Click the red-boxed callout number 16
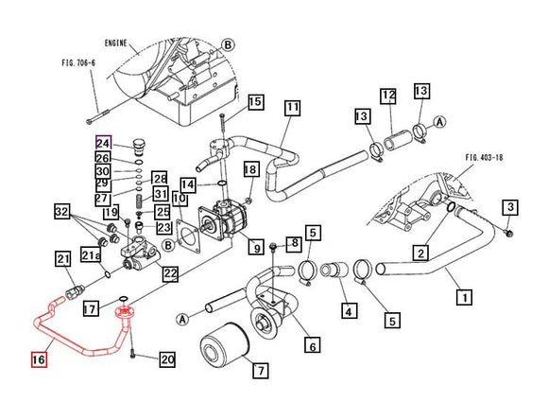pyautogui.click(x=38, y=360)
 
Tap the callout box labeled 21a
pyautogui.click(x=91, y=254)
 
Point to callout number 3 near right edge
pyautogui.click(x=511, y=207)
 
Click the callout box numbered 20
pyautogui.click(x=167, y=358)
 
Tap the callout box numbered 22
pyautogui.click(x=170, y=274)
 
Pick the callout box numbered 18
pyautogui.click(x=250, y=169)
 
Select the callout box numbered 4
pyautogui.click(x=349, y=309)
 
